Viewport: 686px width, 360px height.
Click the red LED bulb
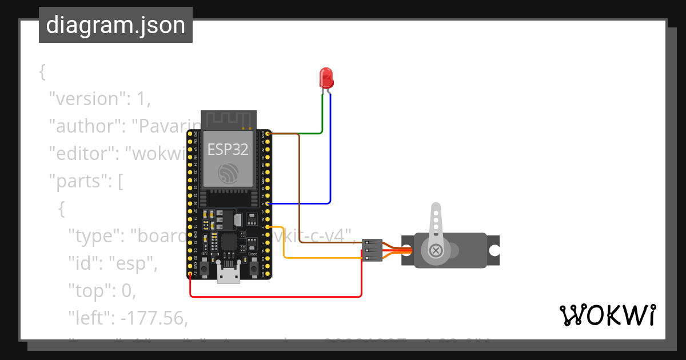coord(326,77)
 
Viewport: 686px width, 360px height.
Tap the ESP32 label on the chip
coord(228,150)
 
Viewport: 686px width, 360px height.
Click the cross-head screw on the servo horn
coord(436,250)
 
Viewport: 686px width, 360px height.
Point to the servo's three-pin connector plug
coord(372,250)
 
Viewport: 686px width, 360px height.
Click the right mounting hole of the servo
coord(493,250)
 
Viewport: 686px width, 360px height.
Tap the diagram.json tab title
coord(115,25)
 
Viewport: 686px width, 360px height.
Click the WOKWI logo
coord(607,315)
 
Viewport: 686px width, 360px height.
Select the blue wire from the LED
coord(330,160)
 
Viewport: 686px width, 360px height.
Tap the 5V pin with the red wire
coord(190,274)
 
